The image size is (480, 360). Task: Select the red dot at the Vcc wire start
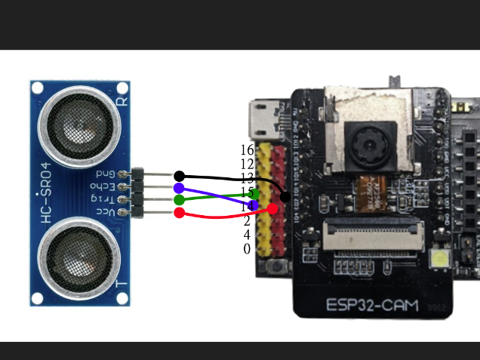coord(179,214)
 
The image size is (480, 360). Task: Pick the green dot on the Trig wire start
coord(179,200)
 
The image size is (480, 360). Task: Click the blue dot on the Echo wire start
coord(179,188)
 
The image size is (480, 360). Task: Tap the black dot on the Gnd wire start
coord(179,176)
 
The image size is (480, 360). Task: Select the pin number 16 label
coord(247,149)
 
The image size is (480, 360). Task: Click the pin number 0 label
coord(247,248)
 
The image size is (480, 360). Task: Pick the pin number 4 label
coord(247,235)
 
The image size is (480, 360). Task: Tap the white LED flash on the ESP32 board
coord(439,263)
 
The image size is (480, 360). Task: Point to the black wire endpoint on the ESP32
coord(285,197)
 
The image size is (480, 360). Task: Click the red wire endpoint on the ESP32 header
coord(272,208)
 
